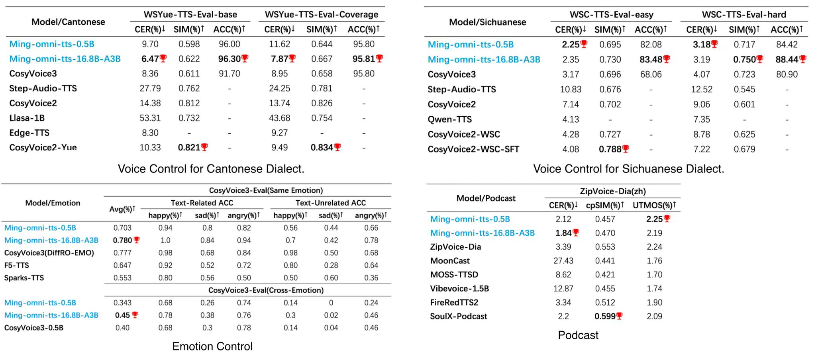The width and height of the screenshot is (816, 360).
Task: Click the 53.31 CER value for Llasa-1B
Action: point(150,118)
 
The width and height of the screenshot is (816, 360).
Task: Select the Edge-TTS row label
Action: point(29,133)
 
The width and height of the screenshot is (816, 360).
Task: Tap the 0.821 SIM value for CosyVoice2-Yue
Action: point(189,148)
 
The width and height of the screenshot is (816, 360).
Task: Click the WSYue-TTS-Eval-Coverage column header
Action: point(321,15)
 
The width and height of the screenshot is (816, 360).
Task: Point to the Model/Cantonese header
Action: point(68,22)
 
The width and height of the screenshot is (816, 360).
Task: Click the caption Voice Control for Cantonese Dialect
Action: point(211,169)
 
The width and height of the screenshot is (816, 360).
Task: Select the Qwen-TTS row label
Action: point(449,119)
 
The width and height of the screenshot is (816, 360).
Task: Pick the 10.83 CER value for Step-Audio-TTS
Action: point(571,90)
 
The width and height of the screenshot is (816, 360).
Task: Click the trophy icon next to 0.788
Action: point(626,149)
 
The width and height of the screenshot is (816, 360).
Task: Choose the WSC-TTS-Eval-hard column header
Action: point(743,15)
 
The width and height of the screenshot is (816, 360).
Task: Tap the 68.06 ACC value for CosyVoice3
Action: point(651,74)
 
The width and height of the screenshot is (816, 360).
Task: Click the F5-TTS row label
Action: point(16,265)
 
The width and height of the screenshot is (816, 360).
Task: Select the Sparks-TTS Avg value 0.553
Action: point(122,278)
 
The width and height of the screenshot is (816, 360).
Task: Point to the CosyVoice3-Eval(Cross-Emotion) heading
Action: point(266,290)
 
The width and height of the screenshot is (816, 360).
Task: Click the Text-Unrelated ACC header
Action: point(330,203)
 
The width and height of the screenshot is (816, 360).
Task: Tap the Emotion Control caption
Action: point(212,346)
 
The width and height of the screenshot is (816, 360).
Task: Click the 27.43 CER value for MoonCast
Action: point(563,261)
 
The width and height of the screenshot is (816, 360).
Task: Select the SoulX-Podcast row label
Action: point(458,317)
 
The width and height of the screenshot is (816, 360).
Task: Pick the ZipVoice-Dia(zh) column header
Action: point(612,192)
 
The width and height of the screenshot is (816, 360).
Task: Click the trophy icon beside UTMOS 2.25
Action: point(667,219)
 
